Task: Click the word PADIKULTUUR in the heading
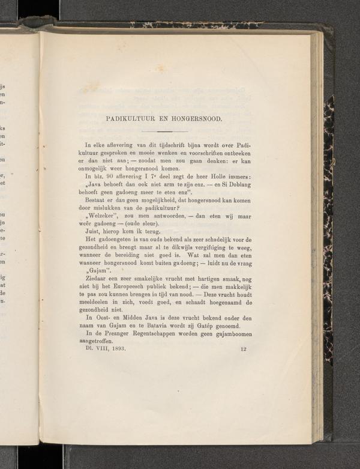(127, 118)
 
